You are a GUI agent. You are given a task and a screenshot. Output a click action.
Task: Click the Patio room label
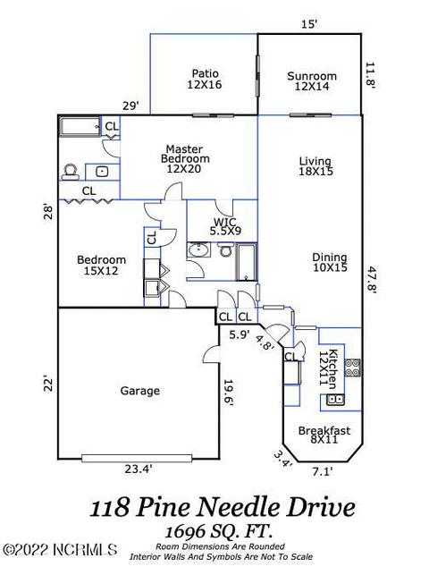pyautogui.click(x=205, y=79)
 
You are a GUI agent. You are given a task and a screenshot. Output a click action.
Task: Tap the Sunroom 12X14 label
pyautogui.click(x=312, y=81)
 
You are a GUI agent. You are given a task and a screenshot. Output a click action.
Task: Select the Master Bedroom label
pyautogui.click(x=185, y=159)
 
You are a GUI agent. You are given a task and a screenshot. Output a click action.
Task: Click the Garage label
pyautogui.click(x=140, y=391)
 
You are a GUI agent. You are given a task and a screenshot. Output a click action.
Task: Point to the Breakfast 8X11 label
pyautogui.click(x=324, y=435)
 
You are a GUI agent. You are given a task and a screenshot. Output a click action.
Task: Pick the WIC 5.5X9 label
pyautogui.click(x=225, y=226)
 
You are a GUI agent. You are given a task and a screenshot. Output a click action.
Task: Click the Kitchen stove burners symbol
pyautogui.click(x=353, y=368)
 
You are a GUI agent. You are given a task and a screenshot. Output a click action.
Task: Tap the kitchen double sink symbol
pyautogui.click(x=335, y=399)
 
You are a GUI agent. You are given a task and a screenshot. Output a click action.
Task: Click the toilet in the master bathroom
pyautogui.click(x=71, y=173)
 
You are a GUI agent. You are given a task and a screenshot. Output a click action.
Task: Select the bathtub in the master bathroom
pyautogui.click(x=80, y=126)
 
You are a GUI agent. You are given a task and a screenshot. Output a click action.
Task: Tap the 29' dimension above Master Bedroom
pyautogui.click(x=130, y=106)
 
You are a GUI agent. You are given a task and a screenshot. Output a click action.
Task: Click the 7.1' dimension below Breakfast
pyautogui.click(x=322, y=471)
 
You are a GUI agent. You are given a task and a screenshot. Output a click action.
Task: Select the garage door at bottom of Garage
pyautogui.click(x=137, y=459)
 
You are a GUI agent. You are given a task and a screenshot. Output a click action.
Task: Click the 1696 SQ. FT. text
pyautogui.click(x=219, y=530)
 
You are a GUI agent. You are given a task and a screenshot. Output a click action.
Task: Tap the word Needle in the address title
pyautogui.click(x=239, y=507)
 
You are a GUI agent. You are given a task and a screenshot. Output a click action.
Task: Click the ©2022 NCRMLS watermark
pyautogui.click(x=60, y=549)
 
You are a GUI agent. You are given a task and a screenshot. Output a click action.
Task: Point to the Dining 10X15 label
pyautogui.click(x=330, y=262)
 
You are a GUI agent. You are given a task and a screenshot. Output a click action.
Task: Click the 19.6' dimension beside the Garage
pyautogui.click(x=228, y=393)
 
